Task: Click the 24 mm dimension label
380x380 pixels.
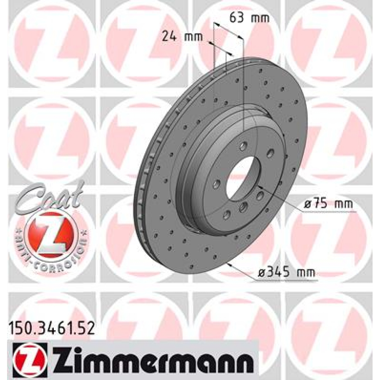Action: (182, 36)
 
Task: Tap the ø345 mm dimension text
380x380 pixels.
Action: (286, 273)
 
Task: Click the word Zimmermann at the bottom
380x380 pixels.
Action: (153, 358)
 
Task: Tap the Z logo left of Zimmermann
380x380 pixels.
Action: (30, 358)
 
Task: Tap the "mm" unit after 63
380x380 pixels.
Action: (259, 17)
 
